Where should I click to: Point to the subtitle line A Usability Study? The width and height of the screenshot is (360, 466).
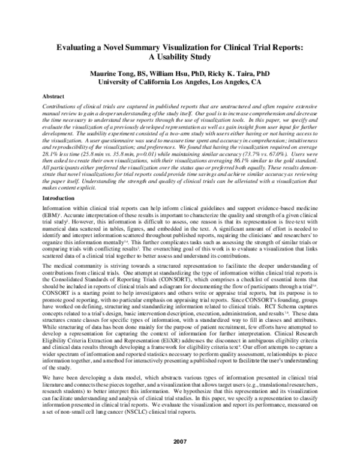(x=180, y=57)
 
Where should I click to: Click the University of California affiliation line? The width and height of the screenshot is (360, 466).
(x=180, y=82)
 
